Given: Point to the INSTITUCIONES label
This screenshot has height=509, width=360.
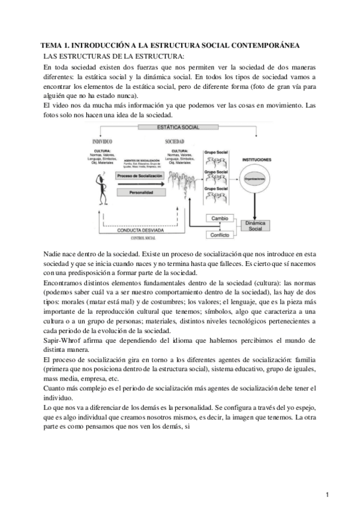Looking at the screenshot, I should pos(256,160).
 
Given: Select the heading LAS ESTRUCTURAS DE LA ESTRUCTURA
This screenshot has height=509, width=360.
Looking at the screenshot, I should pos(106,56).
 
